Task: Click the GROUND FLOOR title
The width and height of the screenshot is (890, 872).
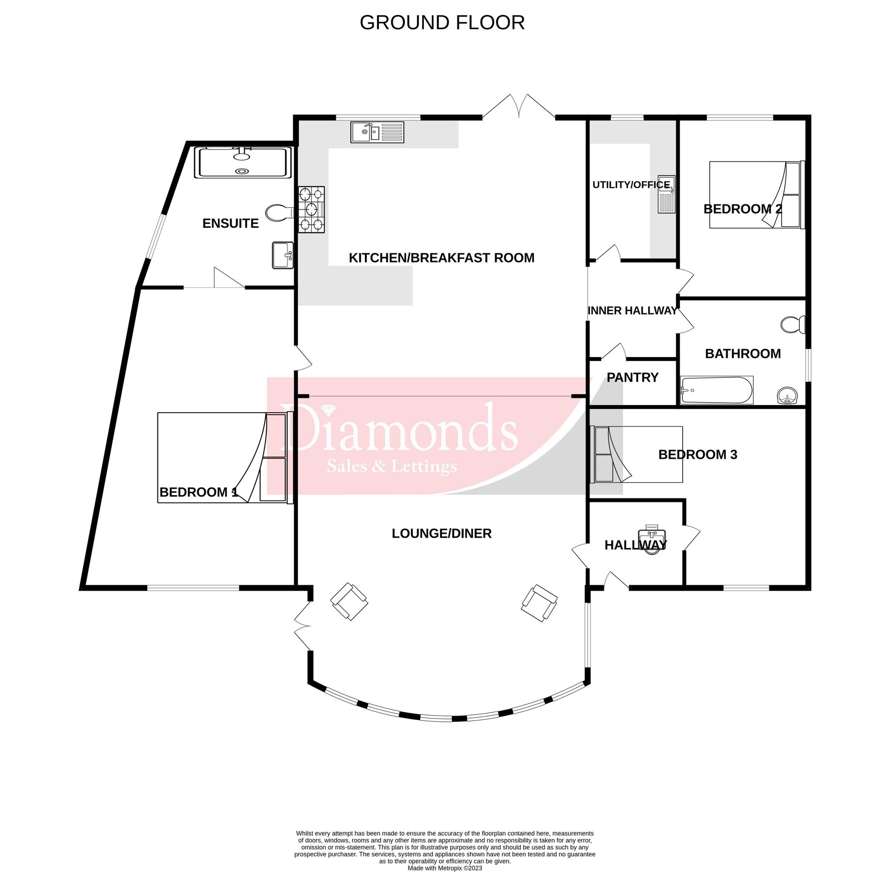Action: click(442, 23)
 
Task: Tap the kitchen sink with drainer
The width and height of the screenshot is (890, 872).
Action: click(377, 132)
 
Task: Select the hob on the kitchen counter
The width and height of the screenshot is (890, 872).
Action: click(311, 210)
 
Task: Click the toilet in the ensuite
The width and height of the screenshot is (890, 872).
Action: click(279, 213)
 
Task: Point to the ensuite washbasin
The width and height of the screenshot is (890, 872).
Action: click(282, 255)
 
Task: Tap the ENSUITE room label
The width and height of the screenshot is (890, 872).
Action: click(230, 223)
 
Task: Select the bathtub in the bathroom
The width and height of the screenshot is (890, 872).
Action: click(717, 390)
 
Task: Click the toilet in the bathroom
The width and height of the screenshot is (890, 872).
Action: click(793, 325)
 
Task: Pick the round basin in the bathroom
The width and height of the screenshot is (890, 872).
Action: click(788, 395)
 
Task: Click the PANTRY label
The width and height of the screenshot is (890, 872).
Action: click(632, 377)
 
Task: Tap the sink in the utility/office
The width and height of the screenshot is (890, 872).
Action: click(666, 194)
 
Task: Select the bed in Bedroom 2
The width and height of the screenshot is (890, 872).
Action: click(756, 195)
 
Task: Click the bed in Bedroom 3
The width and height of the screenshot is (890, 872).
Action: click(637, 454)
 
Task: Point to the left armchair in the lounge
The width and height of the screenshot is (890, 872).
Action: click(349, 602)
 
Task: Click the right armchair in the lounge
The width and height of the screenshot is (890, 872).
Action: click(539, 603)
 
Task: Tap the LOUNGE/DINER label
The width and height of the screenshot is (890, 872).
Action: click(441, 533)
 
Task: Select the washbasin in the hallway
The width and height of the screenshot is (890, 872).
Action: click(652, 539)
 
